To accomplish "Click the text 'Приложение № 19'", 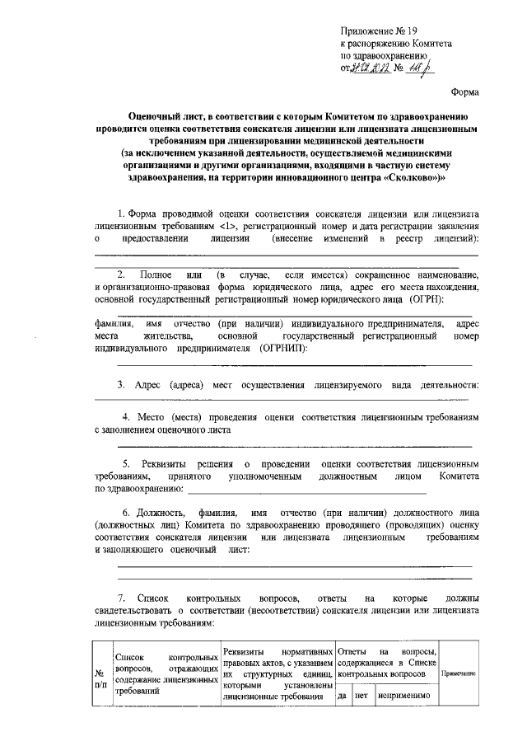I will [378, 29].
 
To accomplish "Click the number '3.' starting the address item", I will [120, 384].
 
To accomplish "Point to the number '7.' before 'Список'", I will [120, 596].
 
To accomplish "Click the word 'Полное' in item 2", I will [156, 273].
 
